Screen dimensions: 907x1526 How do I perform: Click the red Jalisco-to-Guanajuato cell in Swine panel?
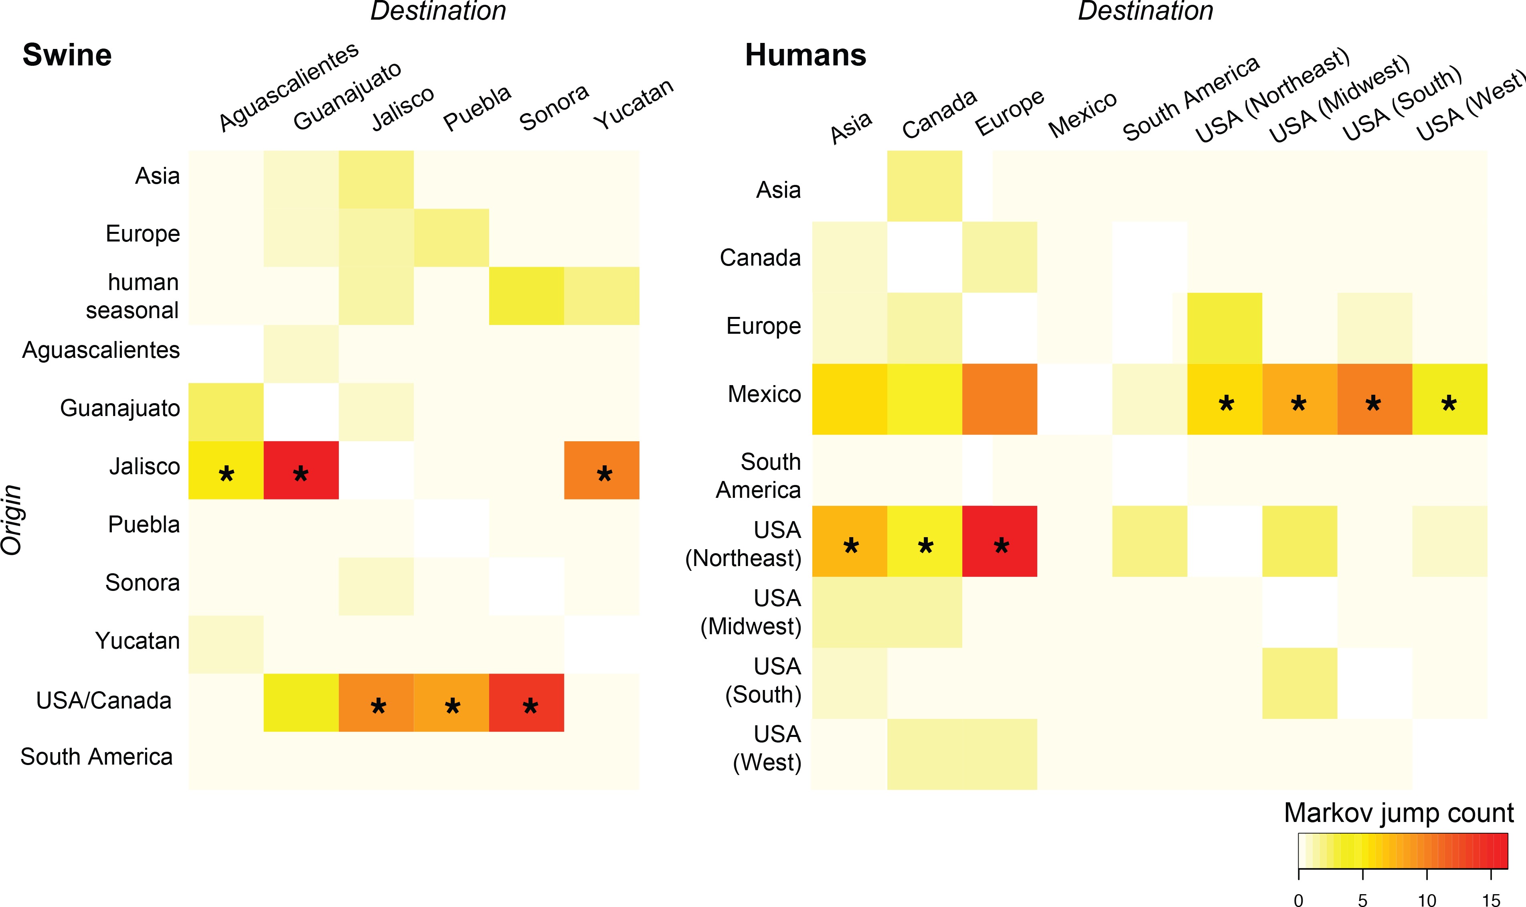pyautogui.click(x=301, y=470)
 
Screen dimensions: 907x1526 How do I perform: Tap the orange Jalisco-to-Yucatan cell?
pyautogui.click(x=602, y=470)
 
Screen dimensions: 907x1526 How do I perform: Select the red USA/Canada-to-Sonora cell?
pyautogui.click(x=526, y=702)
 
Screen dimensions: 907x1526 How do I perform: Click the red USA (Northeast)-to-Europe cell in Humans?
pyautogui.click(x=1000, y=541)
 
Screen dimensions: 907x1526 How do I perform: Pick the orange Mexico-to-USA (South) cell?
pyautogui.click(x=1374, y=399)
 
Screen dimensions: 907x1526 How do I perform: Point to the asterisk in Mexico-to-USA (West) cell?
pyautogui.click(x=1449, y=404)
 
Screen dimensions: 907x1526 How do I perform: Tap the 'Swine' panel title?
pyautogui.click(x=67, y=55)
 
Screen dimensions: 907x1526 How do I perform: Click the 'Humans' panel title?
pyautogui.click(x=805, y=55)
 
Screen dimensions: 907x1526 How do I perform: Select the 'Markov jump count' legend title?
pyautogui.click(x=1398, y=813)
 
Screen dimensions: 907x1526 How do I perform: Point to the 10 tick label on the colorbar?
pyautogui.click(x=1427, y=899)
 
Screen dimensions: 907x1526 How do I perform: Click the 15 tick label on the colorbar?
pyautogui.click(x=1491, y=899)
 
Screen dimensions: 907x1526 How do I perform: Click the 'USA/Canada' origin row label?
pyautogui.click(x=104, y=700)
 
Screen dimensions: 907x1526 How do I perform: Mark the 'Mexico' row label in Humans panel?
pyautogui.click(x=764, y=394)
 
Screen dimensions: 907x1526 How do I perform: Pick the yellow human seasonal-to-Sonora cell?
pyautogui.click(x=526, y=296)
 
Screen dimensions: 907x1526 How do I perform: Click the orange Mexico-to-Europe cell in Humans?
pyautogui.click(x=1000, y=399)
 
